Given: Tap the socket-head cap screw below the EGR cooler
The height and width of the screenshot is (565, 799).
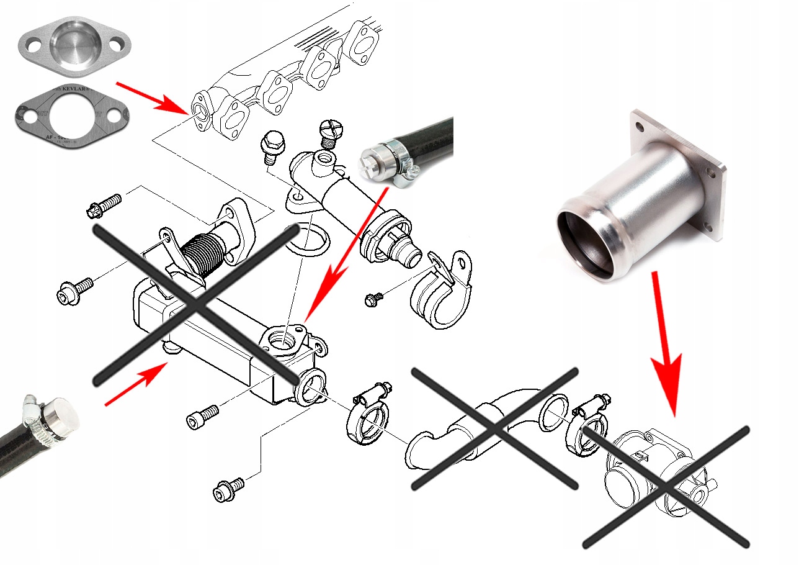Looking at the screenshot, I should [x=203, y=417].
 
